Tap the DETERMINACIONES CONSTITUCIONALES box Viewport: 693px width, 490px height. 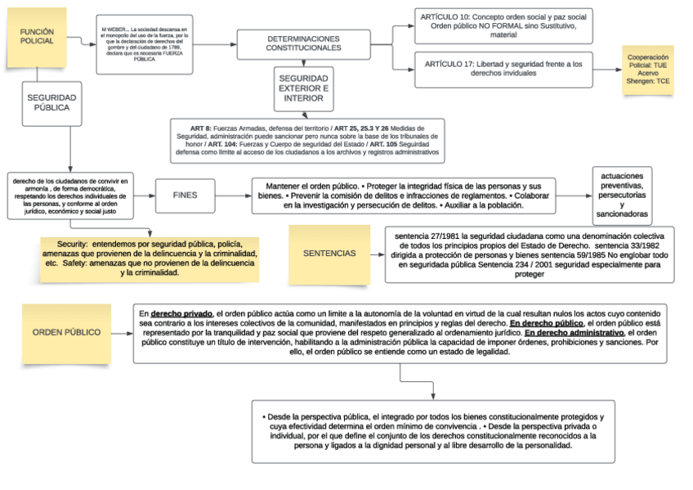303,44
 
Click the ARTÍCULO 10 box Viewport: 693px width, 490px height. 503,26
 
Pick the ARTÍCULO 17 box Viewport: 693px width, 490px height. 503,69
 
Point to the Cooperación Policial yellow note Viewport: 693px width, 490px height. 648,70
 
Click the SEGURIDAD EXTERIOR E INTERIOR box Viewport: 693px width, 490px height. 303,88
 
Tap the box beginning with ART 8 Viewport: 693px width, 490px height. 307,140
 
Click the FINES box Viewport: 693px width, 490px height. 185,196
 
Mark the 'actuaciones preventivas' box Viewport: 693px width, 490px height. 622,196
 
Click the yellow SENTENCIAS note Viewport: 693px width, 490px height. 329,254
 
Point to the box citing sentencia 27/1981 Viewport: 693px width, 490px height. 529,254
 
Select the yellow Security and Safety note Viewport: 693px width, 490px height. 150,258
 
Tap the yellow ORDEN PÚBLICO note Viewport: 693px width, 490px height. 66,333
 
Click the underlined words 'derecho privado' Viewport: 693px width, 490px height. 181,313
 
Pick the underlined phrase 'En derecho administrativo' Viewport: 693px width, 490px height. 572,333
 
